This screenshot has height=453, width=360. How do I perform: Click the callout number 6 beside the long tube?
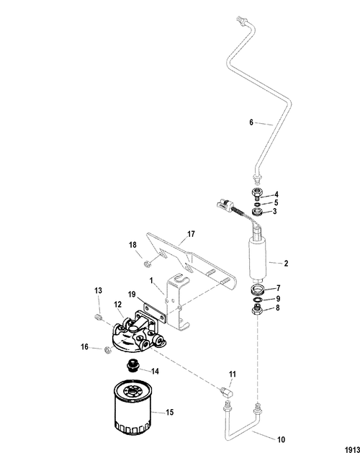(251, 122)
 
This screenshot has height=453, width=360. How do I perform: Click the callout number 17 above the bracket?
(191, 234)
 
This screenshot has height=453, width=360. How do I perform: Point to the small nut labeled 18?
(146, 264)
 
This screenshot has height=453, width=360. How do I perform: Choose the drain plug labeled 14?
(133, 365)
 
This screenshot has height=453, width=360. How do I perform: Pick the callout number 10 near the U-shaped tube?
(281, 439)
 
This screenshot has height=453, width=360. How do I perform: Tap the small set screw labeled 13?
(99, 318)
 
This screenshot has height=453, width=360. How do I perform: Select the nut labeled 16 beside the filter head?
(107, 349)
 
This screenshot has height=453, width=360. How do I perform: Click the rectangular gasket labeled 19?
(155, 312)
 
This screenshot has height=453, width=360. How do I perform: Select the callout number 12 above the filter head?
(117, 305)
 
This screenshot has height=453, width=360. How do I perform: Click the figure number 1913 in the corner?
(353, 449)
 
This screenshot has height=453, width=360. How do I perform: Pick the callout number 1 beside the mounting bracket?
(151, 280)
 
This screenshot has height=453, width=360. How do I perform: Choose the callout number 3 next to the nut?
(274, 211)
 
